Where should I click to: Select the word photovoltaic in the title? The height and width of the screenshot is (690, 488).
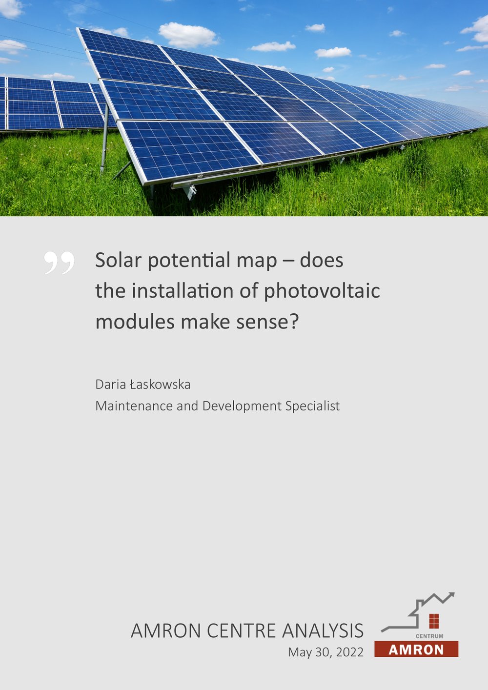(322, 291)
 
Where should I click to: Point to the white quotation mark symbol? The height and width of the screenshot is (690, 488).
(59, 263)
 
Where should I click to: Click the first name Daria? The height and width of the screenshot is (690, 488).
(110, 385)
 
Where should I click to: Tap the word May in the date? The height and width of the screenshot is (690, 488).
(298, 652)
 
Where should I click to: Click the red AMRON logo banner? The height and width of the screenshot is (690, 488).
(416, 649)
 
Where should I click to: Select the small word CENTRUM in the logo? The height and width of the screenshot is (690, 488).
(429, 636)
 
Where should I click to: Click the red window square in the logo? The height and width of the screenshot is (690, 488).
(434, 621)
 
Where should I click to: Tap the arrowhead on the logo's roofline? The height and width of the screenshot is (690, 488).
(451, 595)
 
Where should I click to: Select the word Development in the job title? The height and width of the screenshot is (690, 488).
(242, 406)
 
